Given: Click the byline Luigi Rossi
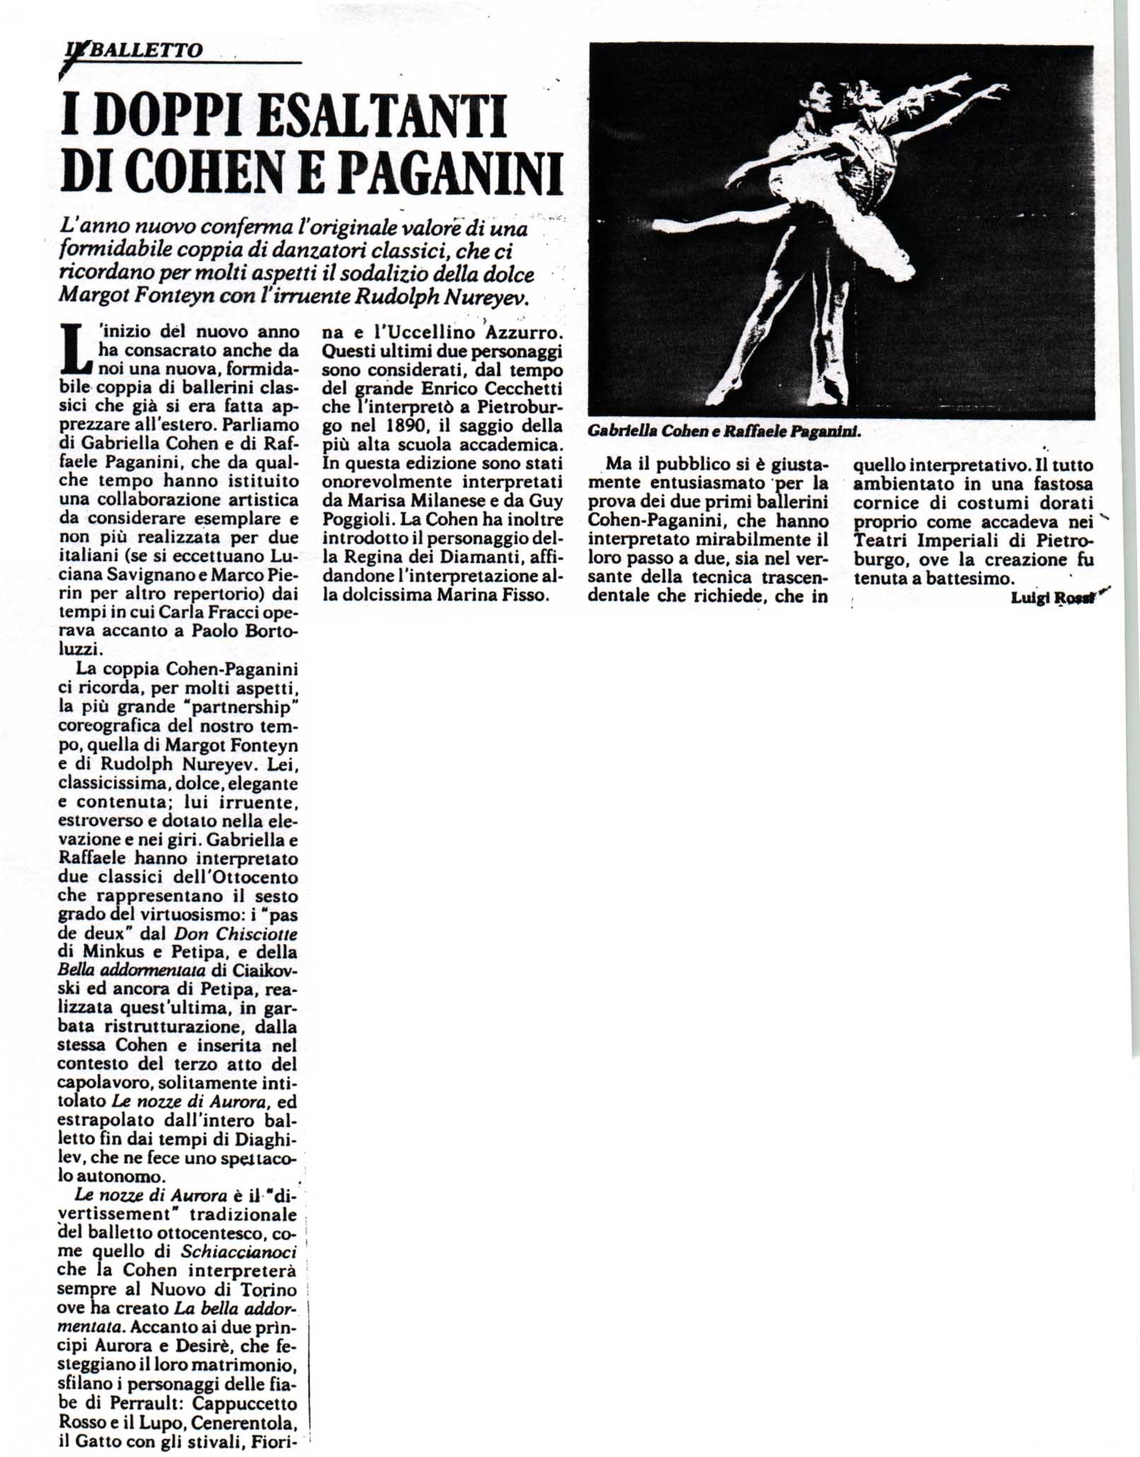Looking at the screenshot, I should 1052,598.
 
